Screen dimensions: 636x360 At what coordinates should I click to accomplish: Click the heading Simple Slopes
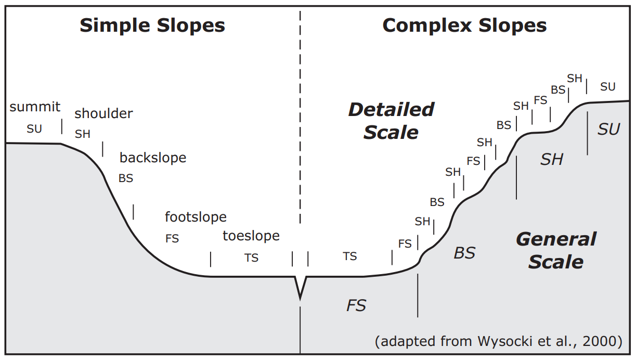pyautogui.click(x=152, y=25)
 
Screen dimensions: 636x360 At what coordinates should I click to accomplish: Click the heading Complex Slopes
pyautogui.click(x=464, y=25)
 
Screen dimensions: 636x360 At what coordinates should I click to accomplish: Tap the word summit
pyautogui.click(x=35, y=107)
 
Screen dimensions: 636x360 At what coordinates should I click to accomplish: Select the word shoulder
pyautogui.click(x=103, y=113)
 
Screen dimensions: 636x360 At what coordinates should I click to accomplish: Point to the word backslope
pyautogui.click(x=153, y=158)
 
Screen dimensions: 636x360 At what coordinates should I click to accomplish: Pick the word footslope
pyautogui.click(x=196, y=217)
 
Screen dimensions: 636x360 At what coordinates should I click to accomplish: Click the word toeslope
pyautogui.click(x=251, y=236)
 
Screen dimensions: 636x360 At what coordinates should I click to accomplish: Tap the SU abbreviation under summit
pyautogui.click(x=34, y=129)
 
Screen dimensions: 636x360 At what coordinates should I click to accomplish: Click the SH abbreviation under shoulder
pyautogui.click(x=83, y=134)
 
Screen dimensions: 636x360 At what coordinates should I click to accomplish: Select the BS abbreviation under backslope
pyautogui.click(x=126, y=178)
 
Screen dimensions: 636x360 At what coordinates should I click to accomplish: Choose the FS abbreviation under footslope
pyautogui.click(x=172, y=238)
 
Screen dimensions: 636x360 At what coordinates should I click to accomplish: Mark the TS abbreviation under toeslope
pyautogui.click(x=251, y=258)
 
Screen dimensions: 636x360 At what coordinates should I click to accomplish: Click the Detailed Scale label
pyautogui.click(x=391, y=121)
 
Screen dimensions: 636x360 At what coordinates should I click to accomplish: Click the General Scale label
pyautogui.click(x=556, y=250)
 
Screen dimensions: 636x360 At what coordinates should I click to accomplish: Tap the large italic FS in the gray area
pyautogui.click(x=356, y=305)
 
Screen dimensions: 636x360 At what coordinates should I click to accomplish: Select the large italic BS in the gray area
pyautogui.click(x=464, y=253)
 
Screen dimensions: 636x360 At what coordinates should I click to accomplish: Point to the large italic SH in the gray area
pyautogui.click(x=552, y=159)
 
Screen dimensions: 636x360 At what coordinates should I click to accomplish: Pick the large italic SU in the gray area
pyautogui.click(x=609, y=130)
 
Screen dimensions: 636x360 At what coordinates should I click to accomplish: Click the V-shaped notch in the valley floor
pyautogui.click(x=300, y=287)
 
